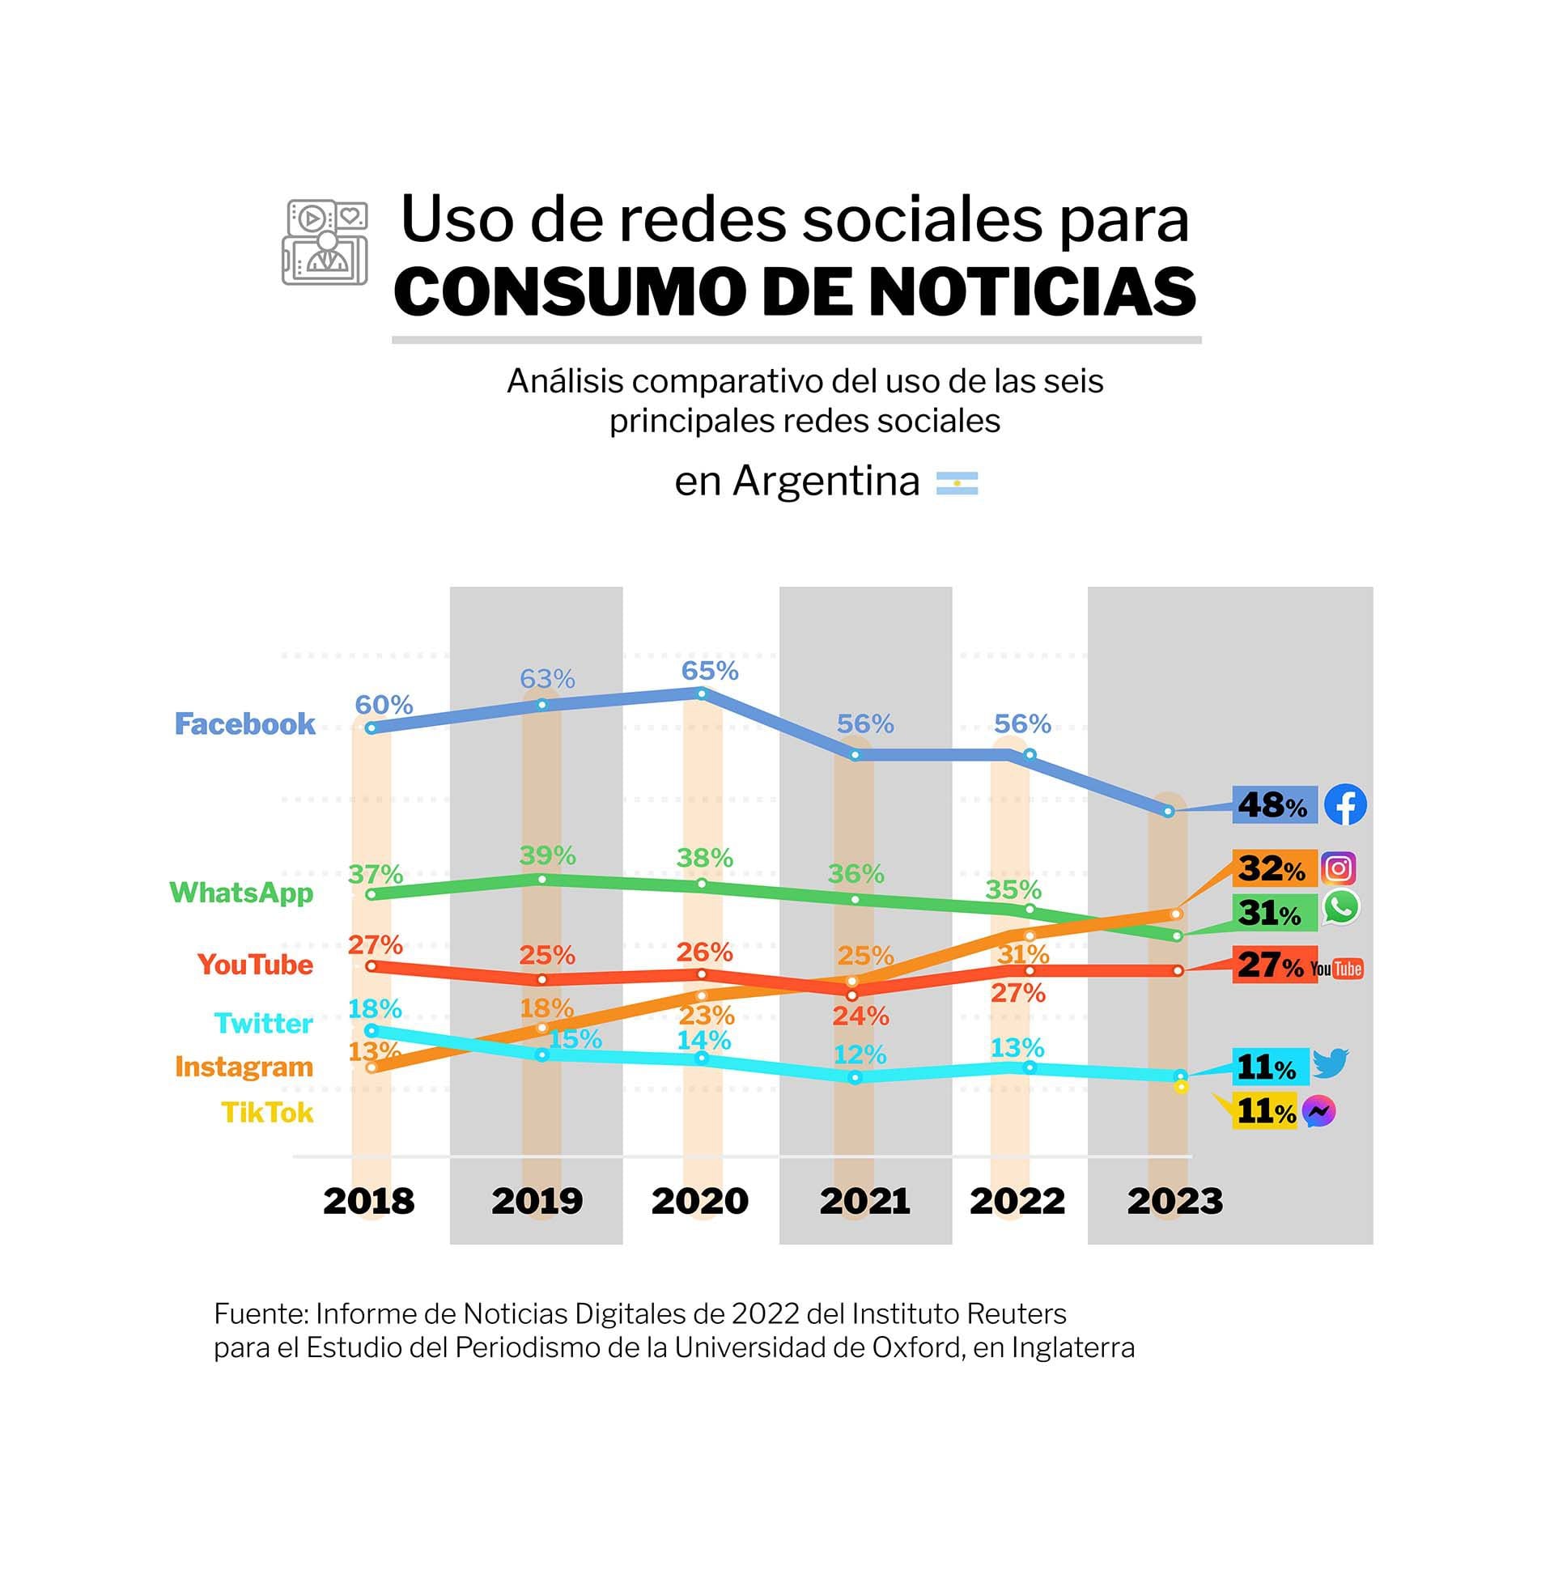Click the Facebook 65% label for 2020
click(x=709, y=672)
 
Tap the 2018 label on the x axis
click(x=368, y=1201)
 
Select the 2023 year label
click(x=1174, y=1201)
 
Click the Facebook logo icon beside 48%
click(x=1344, y=805)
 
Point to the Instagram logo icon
click(x=1338, y=868)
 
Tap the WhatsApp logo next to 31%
click(x=1340, y=907)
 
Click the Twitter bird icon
click(x=1331, y=1063)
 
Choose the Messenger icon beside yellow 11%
click(x=1318, y=1111)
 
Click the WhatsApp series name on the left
click(x=241, y=893)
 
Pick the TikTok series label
click(x=267, y=1113)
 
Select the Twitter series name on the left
click(x=263, y=1023)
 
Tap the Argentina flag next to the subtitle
click(x=957, y=484)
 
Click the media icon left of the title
click(x=325, y=243)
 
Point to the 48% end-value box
click(x=1274, y=806)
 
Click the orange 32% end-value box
click(x=1274, y=868)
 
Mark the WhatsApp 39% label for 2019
click(x=548, y=855)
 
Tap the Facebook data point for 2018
click(x=372, y=728)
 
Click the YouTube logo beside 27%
click(x=1336, y=969)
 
